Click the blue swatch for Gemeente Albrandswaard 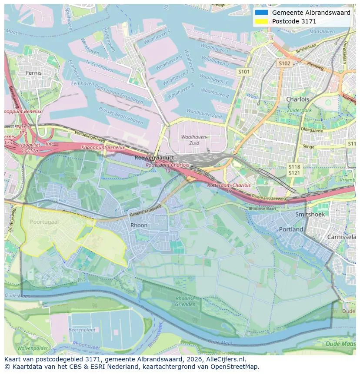261,13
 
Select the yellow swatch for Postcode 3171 261,21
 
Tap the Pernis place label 33,73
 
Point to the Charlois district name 297,99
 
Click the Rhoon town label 139,225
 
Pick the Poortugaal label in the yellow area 44,222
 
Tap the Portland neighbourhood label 291,229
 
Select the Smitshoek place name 310,215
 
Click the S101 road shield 244,71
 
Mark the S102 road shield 284,63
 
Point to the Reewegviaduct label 154,158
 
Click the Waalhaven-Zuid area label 194,140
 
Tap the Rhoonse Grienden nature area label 185,301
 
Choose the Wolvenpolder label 33,348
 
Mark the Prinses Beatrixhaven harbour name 120,116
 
